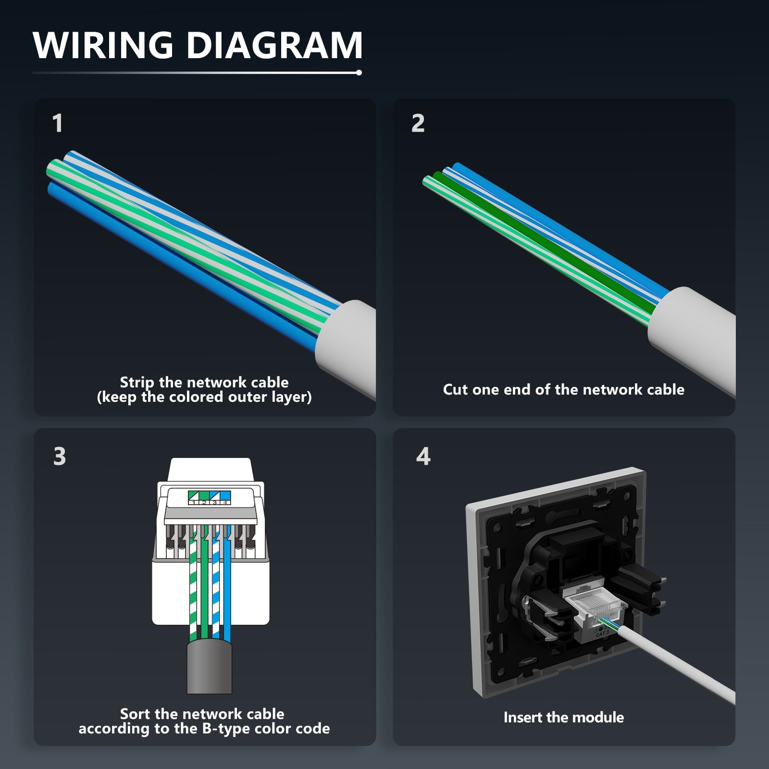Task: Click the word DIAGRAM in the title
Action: click(274, 45)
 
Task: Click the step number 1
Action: click(58, 123)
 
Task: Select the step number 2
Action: click(418, 123)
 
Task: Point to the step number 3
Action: click(59, 456)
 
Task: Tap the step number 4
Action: click(423, 456)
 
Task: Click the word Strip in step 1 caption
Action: click(136, 383)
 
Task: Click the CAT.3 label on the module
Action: click(602, 634)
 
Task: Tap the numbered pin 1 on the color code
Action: click(193, 503)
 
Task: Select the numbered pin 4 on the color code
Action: click(224, 503)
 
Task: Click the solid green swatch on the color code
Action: click(204, 496)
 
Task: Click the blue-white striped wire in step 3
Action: click(216, 586)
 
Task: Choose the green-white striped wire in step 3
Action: click(193, 586)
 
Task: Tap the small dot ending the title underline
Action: click(359, 73)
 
